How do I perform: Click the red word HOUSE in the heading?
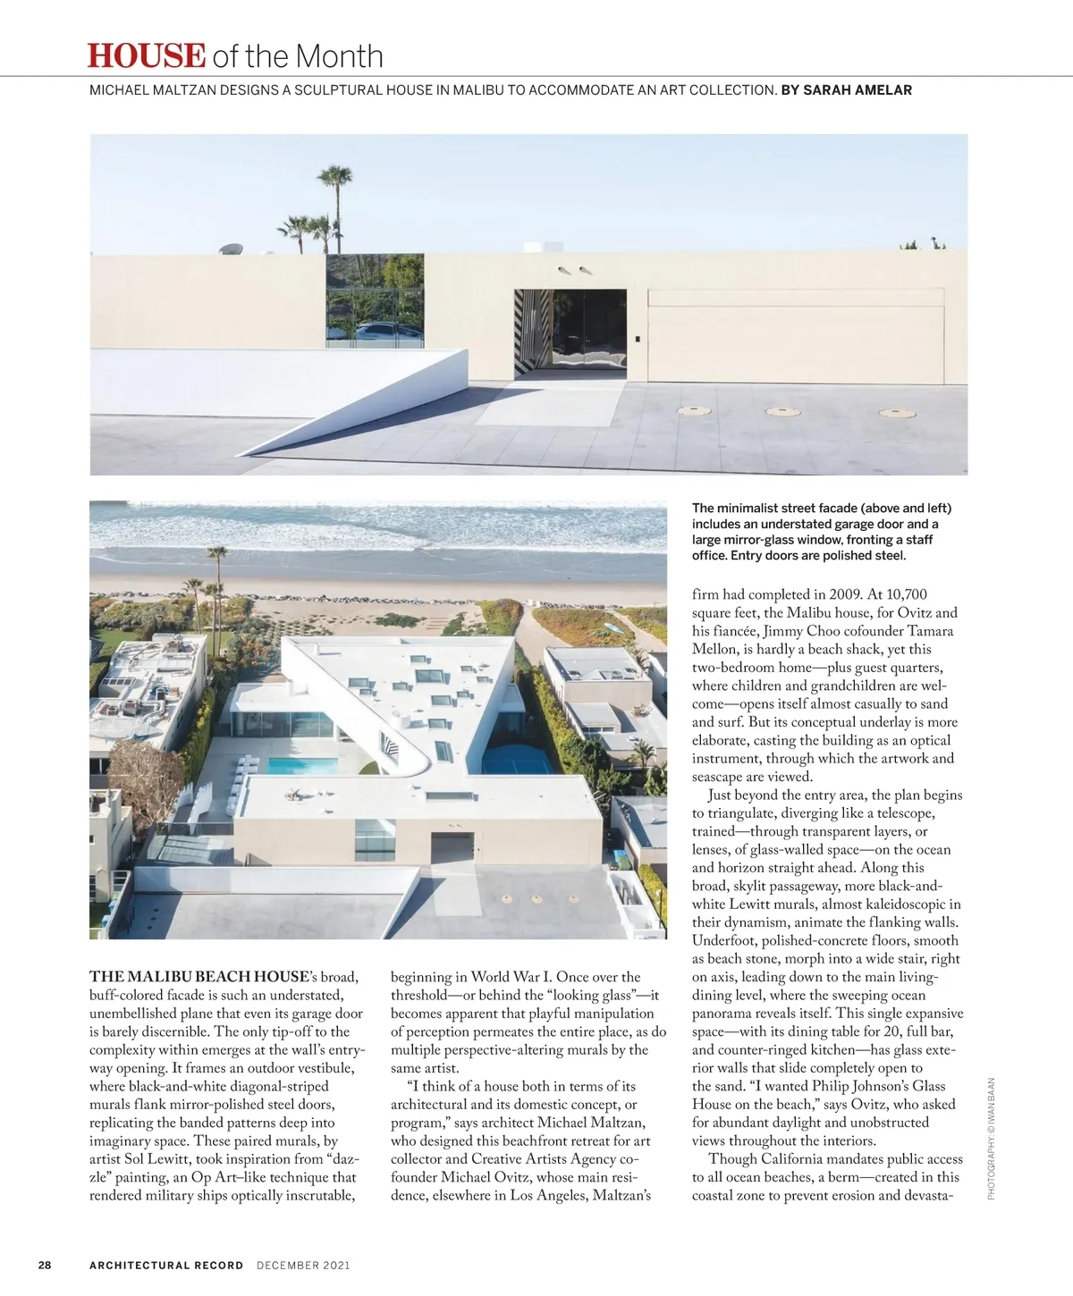pyautogui.click(x=147, y=55)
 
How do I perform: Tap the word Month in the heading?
pyautogui.click(x=339, y=57)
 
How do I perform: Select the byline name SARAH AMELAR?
pyautogui.click(x=858, y=90)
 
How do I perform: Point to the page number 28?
pyautogui.click(x=45, y=1265)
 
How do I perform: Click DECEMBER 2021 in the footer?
pyautogui.click(x=303, y=1265)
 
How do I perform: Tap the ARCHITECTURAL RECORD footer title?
pyautogui.click(x=166, y=1265)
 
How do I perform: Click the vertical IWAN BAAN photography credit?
pyautogui.click(x=992, y=1131)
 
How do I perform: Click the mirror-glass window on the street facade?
pyautogui.click(x=375, y=301)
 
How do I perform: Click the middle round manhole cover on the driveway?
pyautogui.click(x=783, y=411)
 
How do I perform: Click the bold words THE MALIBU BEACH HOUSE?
pyautogui.click(x=199, y=977)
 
